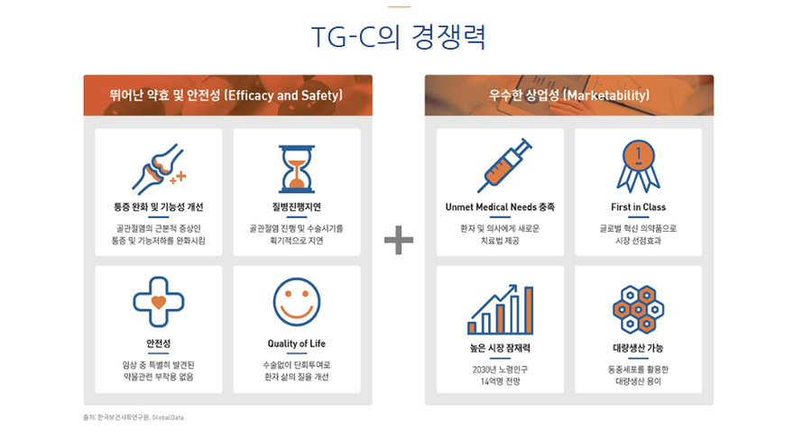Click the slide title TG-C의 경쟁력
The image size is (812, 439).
[398, 37]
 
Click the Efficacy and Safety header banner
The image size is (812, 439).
[228, 96]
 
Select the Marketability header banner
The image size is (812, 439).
[569, 96]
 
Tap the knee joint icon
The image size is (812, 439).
[159, 169]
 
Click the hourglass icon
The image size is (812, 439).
[297, 169]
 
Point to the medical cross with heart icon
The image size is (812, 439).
[159, 302]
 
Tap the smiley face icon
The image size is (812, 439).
[297, 302]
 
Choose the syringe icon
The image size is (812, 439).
[504, 166]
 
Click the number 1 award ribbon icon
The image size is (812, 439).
[639, 166]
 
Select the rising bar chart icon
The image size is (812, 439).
[500, 309]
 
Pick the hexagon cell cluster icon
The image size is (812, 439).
[639, 309]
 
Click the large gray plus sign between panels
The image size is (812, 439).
[399, 240]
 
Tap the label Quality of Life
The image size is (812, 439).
[297, 343]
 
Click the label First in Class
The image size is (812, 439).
[639, 207]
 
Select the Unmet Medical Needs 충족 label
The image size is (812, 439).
[500, 207]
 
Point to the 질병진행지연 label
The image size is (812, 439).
[297, 207]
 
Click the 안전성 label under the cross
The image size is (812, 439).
[159, 343]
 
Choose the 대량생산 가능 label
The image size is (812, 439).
[639, 348]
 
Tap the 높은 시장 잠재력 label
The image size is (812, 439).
[500, 348]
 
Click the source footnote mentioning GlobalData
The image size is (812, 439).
[134, 417]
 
